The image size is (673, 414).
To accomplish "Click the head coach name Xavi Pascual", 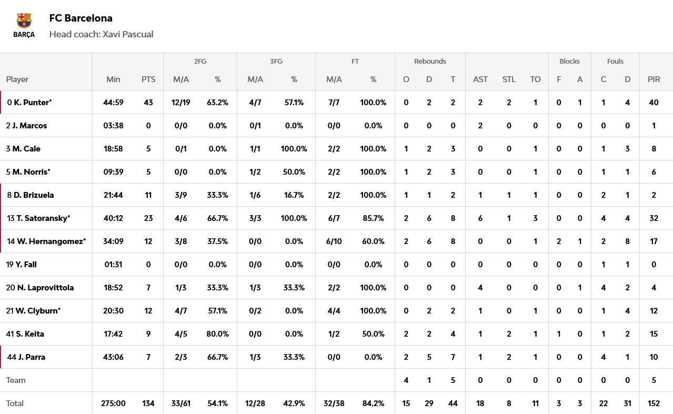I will (128, 34).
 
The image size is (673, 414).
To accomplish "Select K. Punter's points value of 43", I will (148, 103).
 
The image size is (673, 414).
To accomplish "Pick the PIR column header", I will (654, 79).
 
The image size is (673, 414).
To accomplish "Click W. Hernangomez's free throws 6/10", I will (334, 241).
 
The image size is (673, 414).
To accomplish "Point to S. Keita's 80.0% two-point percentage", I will (217, 334).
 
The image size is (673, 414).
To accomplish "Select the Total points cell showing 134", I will (148, 403).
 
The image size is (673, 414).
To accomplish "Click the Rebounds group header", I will (430, 62).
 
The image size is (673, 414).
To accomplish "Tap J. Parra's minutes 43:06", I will (113, 357).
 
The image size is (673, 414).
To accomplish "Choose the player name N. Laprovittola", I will (45, 288).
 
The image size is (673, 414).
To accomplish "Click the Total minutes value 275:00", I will (113, 403).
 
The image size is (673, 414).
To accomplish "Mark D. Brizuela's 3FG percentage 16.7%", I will (294, 195).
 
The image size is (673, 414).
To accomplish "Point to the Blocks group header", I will (569, 62).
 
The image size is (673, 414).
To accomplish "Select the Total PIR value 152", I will (654, 403).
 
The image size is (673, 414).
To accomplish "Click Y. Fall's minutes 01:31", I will (113, 265).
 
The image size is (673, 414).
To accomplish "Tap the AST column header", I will (480, 79).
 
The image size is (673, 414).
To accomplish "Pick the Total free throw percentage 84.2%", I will (373, 403).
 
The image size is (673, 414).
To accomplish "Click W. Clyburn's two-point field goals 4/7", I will (181, 311).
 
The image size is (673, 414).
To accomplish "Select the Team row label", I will (16, 380).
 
